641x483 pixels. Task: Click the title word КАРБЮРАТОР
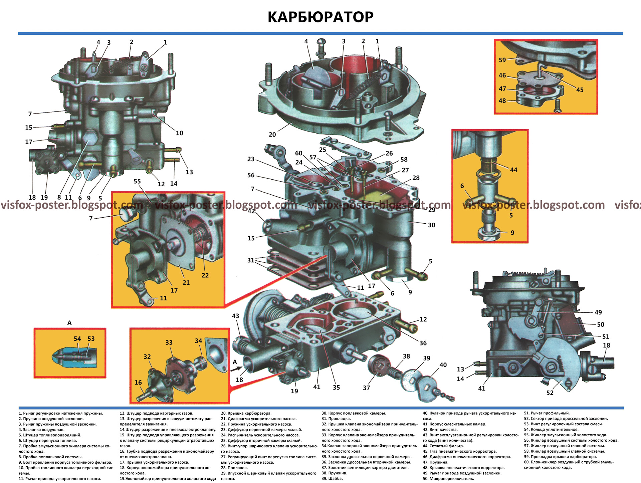click(320, 17)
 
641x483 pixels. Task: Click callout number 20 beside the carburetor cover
click(272, 135)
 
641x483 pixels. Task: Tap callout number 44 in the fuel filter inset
click(513, 170)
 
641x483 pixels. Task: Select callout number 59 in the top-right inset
click(502, 60)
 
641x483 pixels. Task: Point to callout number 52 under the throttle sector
click(550, 393)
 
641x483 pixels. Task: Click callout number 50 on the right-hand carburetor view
click(601, 324)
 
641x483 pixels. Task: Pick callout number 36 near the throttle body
click(423, 343)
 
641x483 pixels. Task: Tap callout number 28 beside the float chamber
click(416, 178)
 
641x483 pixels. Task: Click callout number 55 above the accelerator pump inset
click(137, 181)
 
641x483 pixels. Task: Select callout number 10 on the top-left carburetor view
click(179, 133)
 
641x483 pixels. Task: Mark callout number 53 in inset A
click(91, 339)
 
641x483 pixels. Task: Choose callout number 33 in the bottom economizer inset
click(169, 343)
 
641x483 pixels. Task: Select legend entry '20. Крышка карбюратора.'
click(246, 413)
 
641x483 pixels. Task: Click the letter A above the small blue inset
click(69, 323)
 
